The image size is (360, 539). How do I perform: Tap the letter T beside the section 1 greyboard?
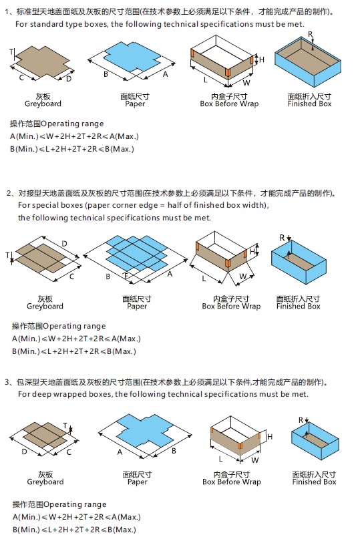pyautogui.click(x=11, y=51)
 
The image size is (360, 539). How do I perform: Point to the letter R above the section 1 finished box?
pyautogui.click(x=309, y=33)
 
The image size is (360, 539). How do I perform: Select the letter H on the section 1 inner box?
pyautogui.click(x=261, y=60)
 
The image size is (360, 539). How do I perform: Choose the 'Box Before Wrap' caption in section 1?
pyautogui.click(x=229, y=104)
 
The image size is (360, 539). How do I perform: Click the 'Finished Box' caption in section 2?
pyautogui.click(x=299, y=306)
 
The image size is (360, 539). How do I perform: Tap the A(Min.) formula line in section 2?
pyautogui.click(x=74, y=338)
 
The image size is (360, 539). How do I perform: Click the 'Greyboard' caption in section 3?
pyautogui.click(x=45, y=482)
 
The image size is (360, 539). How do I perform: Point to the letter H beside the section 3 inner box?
pyautogui.click(x=271, y=436)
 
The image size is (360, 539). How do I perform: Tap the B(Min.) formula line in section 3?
pyautogui.click(x=73, y=529)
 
